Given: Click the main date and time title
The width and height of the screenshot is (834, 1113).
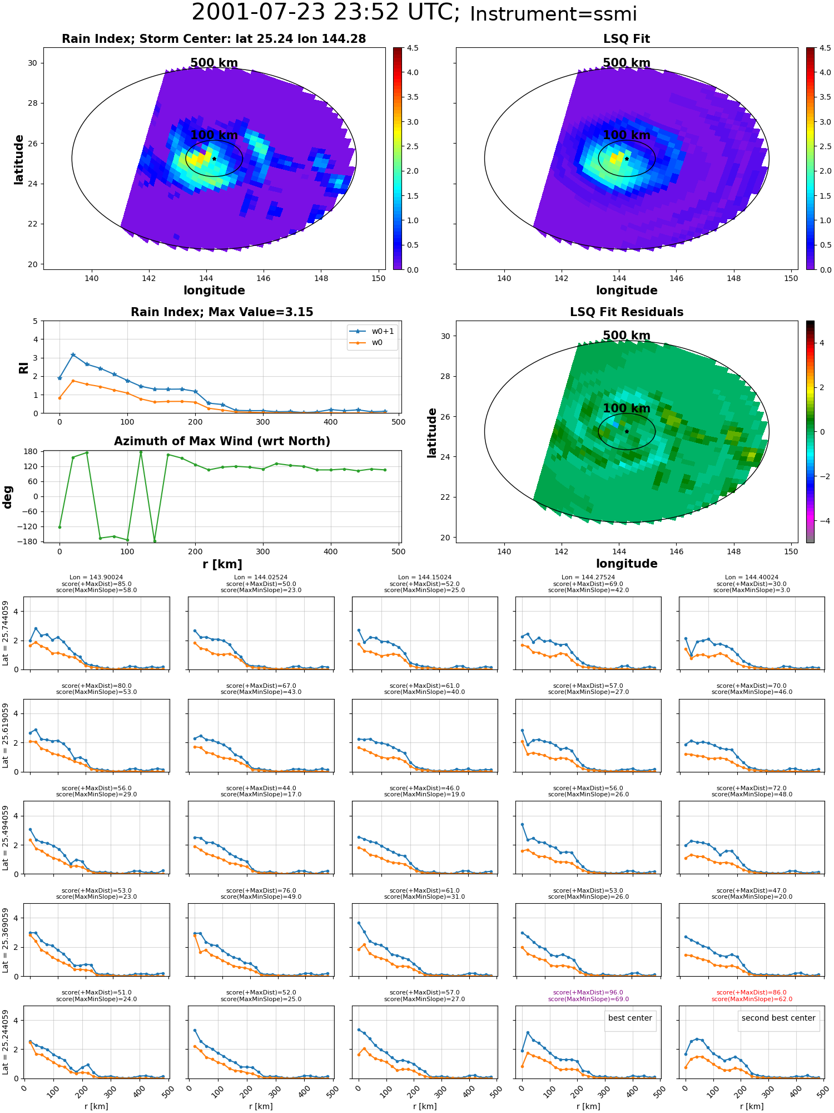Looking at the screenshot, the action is tap(414, 13).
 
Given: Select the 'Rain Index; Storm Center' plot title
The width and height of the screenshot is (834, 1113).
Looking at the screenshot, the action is tap(214, 39).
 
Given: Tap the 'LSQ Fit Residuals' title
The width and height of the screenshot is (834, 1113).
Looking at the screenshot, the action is tap(627, 312).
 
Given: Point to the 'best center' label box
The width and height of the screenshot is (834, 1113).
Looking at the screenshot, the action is tap(630, 1018).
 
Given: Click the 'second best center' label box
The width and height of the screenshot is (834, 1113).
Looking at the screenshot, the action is tap(778, 1018).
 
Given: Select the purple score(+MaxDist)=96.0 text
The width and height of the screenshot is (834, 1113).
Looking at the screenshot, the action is tap(588, 993).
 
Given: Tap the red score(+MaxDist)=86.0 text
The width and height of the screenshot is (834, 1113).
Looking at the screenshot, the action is tap(752, 993).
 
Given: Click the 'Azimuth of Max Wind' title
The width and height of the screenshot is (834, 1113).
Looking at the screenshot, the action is tap(222, 441).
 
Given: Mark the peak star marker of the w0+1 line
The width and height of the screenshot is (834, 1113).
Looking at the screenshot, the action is tap(73, 354).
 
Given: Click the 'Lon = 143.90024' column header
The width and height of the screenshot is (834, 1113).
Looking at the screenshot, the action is tap(96, 578).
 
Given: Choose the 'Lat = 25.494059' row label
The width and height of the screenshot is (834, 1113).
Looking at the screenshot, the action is tap(6, 839).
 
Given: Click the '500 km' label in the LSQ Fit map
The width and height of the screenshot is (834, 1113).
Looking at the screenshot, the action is tap(627, 63).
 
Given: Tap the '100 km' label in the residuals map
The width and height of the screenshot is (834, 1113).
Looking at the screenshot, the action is tap(627, 408).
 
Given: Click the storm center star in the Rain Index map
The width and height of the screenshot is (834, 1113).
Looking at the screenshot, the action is tap(214, 159).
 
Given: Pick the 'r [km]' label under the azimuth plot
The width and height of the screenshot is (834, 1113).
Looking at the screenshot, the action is tap(222, 564).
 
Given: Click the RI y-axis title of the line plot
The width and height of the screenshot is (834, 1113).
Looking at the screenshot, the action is tap(23, 368).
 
